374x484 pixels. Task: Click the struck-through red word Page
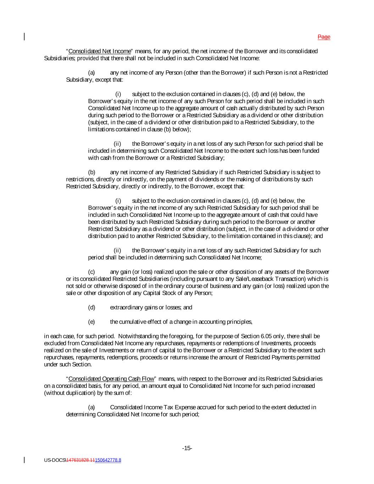click(x=324, y=37)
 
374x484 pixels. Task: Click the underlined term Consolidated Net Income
click(x=99, y=51)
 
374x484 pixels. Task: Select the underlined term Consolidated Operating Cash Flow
click(x=111, y=379)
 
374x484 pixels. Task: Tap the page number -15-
click(x=187, y=448)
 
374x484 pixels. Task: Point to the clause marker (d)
click(x=91, y=307)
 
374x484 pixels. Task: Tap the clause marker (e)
click(x=91, y=322)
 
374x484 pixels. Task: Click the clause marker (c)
click(x=91, y=272)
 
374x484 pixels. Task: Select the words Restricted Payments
click(x=265, y=357)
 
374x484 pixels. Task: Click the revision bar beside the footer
click(x=24, y=460)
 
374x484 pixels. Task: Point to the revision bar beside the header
click(x=24, y=37)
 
